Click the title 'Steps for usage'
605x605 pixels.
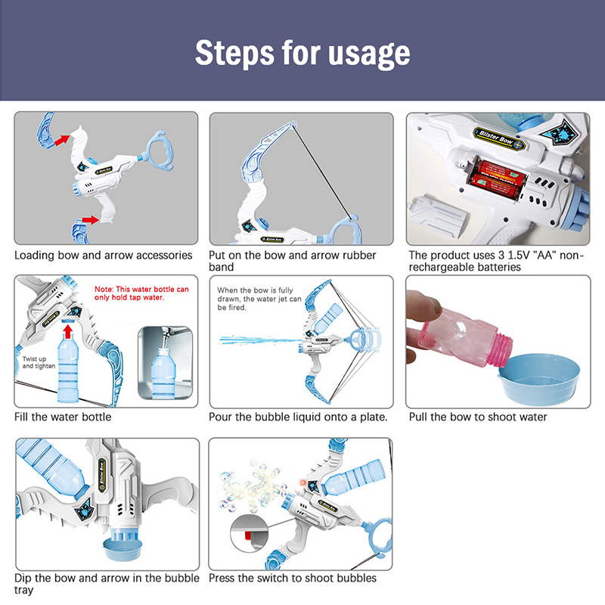(302, 53)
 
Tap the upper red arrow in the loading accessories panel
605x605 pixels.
(62, 140)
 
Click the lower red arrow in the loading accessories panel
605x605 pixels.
(91, 220)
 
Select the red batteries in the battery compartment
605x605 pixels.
(497, 179)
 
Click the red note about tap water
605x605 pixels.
(141, 293)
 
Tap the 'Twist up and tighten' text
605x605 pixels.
(39, 362)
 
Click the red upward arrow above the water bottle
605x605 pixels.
(68, 330)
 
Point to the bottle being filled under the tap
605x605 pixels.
(164, 373)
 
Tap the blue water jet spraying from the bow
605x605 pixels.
(261, 340)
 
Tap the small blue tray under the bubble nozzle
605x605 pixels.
(123, 550)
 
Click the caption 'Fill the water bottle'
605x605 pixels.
(63, 417)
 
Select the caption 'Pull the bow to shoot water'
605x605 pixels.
(478, 417)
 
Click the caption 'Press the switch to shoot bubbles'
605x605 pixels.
(293, 578)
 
